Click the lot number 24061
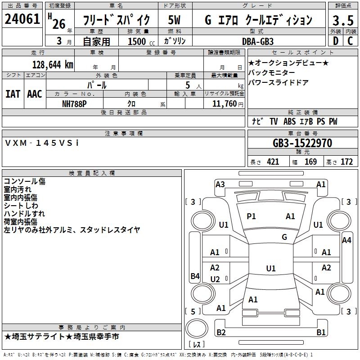[x=22, y=19]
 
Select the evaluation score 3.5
[x=342, y=20]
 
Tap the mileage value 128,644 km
[x=53, y=64]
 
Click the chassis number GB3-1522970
[x=302, y=144]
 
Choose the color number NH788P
[x=75, y=103]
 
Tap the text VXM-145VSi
[x=42, y=143]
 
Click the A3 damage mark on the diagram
[x=220, y=184]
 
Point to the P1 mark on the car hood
[x=251, y=216]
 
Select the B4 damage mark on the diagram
[x=195, y=276]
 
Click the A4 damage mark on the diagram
[x=346, y=240]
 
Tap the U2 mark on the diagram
[x=215, y=279]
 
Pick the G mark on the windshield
[x=284, y=237]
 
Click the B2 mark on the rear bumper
[x=221, y=333]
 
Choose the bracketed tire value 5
[x=193, y=311]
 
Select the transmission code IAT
[x=13, y=94]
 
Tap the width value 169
[x=310, y=162]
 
